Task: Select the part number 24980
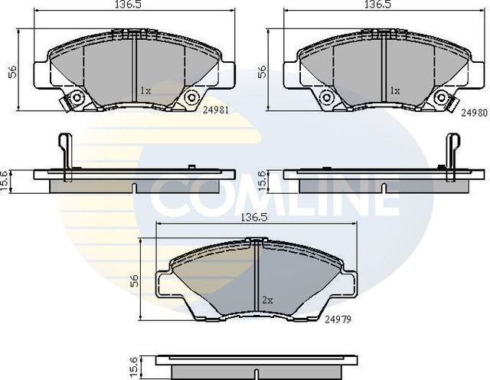(475, 112)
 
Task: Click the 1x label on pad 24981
(145, 90)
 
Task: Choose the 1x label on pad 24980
(395, 90)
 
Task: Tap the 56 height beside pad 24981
(12, 71)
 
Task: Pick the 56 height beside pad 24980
(263, 71)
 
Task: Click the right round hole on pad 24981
(191, 97)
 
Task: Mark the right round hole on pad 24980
(441, 97)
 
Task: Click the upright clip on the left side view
(66, 153)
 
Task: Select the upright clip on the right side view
(451, 153)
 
